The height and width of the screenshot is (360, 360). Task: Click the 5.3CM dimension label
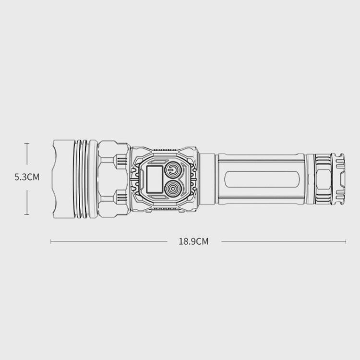coord(27,177)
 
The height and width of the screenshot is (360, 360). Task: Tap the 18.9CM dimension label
coord(193,241)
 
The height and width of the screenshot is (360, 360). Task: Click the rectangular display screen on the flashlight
coord(155,179)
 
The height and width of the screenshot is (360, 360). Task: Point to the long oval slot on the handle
coord(263,180)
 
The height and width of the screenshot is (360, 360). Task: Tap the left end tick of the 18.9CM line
coord(51,241)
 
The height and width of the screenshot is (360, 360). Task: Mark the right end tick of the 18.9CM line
coord(346,241)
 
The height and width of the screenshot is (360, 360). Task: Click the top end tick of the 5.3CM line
coord(27,143)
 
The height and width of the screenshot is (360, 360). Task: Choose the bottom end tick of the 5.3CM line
coord(27,215)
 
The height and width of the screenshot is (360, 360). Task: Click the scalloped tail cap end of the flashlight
coord(338,179)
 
